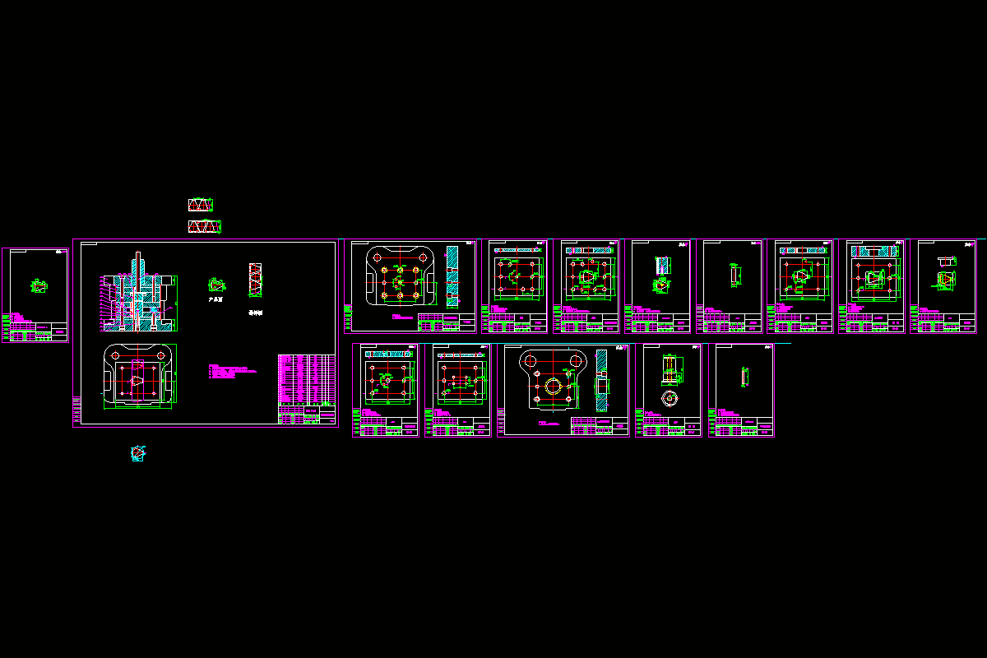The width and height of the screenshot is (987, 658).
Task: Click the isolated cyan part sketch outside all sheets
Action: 138,452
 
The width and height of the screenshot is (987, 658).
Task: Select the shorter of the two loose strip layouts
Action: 200,204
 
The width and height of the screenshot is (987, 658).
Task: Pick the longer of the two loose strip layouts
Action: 204,225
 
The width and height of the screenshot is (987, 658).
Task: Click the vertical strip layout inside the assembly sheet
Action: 255,280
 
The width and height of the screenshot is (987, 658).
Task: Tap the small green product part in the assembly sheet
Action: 215,285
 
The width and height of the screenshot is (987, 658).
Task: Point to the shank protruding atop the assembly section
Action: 138,262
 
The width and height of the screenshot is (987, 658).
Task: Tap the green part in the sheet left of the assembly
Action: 39,285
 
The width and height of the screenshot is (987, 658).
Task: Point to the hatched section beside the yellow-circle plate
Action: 601,379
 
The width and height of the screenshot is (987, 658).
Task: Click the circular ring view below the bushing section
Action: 670,397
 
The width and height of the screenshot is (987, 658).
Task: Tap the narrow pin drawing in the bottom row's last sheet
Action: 744,376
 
